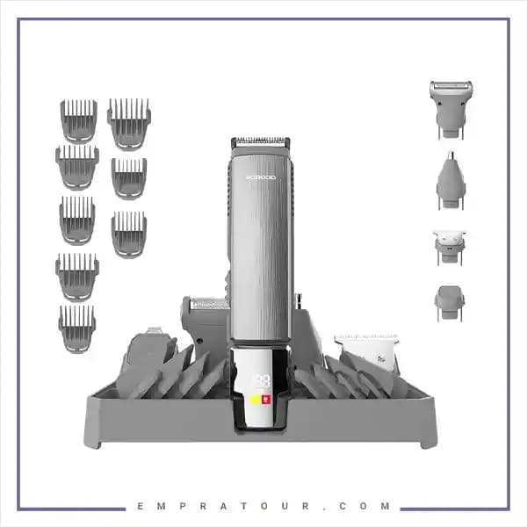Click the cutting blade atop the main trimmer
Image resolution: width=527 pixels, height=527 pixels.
click(260, 142)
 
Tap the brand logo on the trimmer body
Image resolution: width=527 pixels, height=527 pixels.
click(260, 177)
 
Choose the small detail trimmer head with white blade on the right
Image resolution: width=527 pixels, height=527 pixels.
click(449, 247)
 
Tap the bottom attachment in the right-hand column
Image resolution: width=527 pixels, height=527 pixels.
click(449, 302)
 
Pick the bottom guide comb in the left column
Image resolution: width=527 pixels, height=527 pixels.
click(77, 328)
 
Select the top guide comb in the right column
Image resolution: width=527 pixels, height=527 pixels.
click(129, 122)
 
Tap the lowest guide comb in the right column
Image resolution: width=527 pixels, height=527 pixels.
click(129, 234)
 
